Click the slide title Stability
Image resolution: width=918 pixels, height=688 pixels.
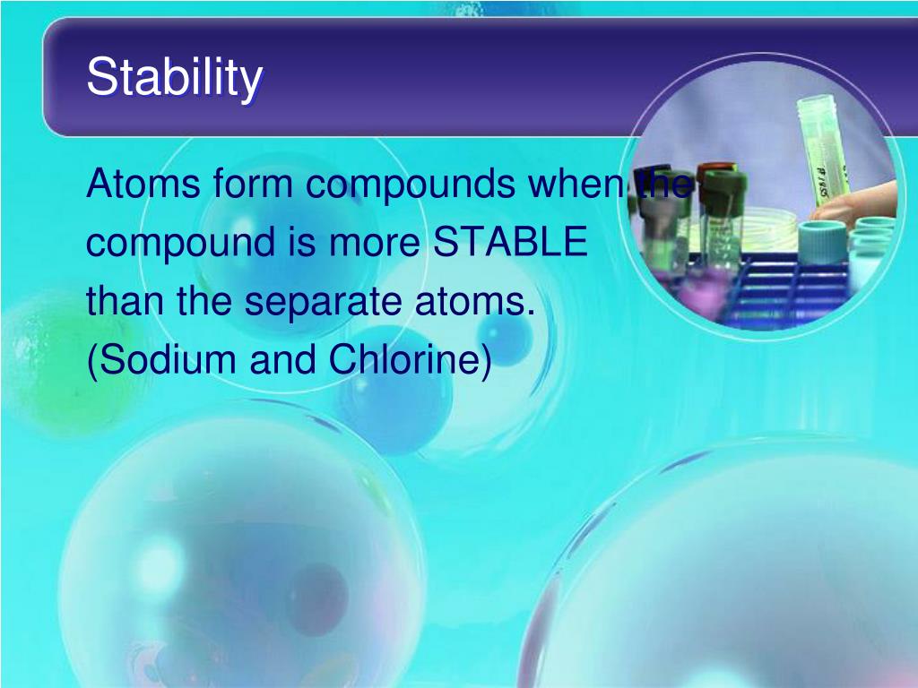click(175, 78)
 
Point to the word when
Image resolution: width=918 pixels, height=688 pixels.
click(576, 185)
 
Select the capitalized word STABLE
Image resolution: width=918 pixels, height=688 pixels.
click(511, 243)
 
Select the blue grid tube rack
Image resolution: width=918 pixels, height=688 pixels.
click(771, 287)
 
